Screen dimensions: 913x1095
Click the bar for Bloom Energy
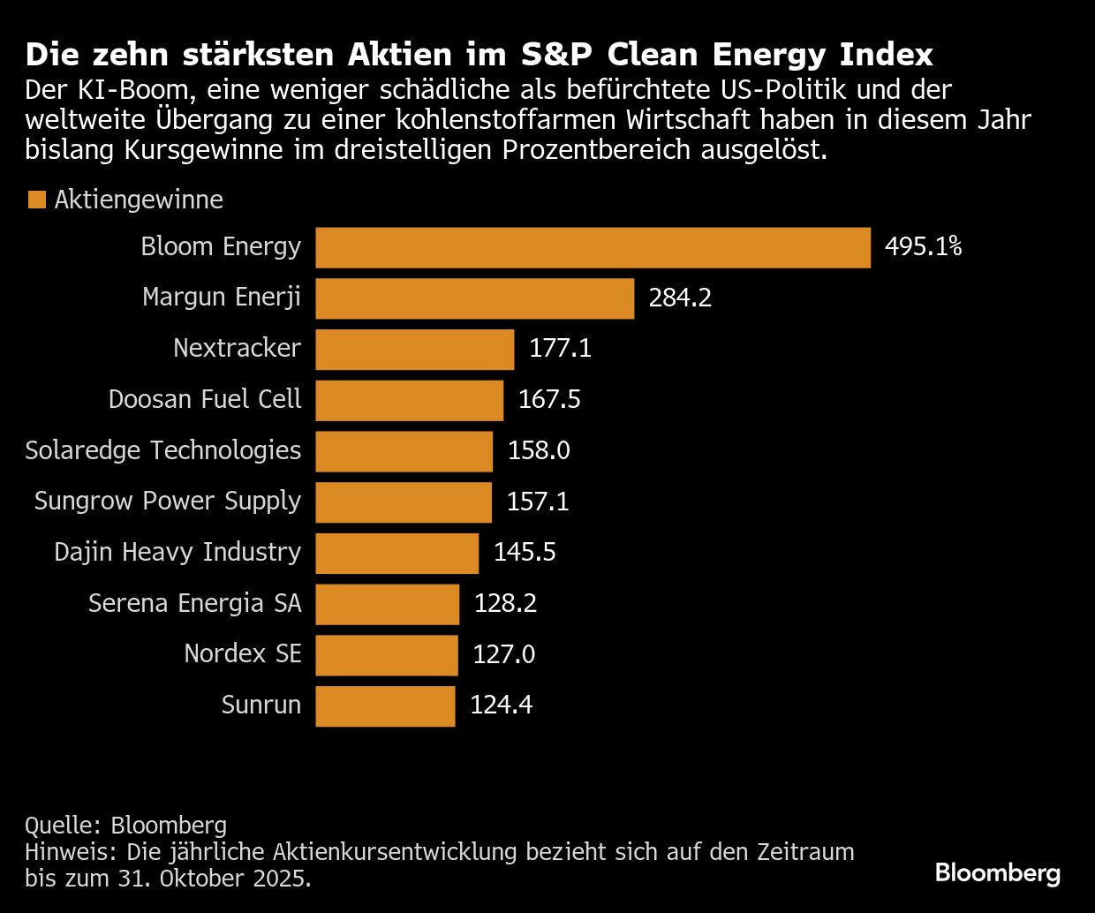pyautogui.click(x=593, y=247)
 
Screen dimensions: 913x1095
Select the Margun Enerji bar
pyautogui.click(x=474, y=298)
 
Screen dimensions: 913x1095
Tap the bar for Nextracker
pyautogui.click(x=414, y=349)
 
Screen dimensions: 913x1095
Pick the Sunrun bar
pyautogui.click(x=385, y=706)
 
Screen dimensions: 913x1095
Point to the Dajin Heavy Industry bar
pyautogui.click(x=396, y=554)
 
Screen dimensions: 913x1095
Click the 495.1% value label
pyautogui.click(x=923, y=246)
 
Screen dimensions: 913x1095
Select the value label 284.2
pyautogui.click(x=680, y=298)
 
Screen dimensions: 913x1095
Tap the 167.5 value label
pyautogui.click(x=549, y=399)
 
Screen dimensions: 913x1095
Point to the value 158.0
pyautogui.click(x=539, y=450)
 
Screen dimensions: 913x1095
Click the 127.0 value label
pyautogui.click(x=504, y=654)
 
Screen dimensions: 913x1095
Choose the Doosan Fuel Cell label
pyautogui.click(x=205, y=399)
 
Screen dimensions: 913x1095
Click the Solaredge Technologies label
pyautogui.click(x=163, y=450)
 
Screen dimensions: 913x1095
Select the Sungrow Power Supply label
pyautogui.click(x=168, y=501)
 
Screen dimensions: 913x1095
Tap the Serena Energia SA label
pyautogui.click(x=195, y=603)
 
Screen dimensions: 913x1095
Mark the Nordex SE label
pyautogui.click(x=243, y=653)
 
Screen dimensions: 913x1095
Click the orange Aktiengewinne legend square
pyautogui.click(x=36, y=200)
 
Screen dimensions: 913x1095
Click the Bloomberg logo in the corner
pyautogui.click(x=997, y=873)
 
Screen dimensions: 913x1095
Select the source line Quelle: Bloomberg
pyautogui.click(x=126, y=826)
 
